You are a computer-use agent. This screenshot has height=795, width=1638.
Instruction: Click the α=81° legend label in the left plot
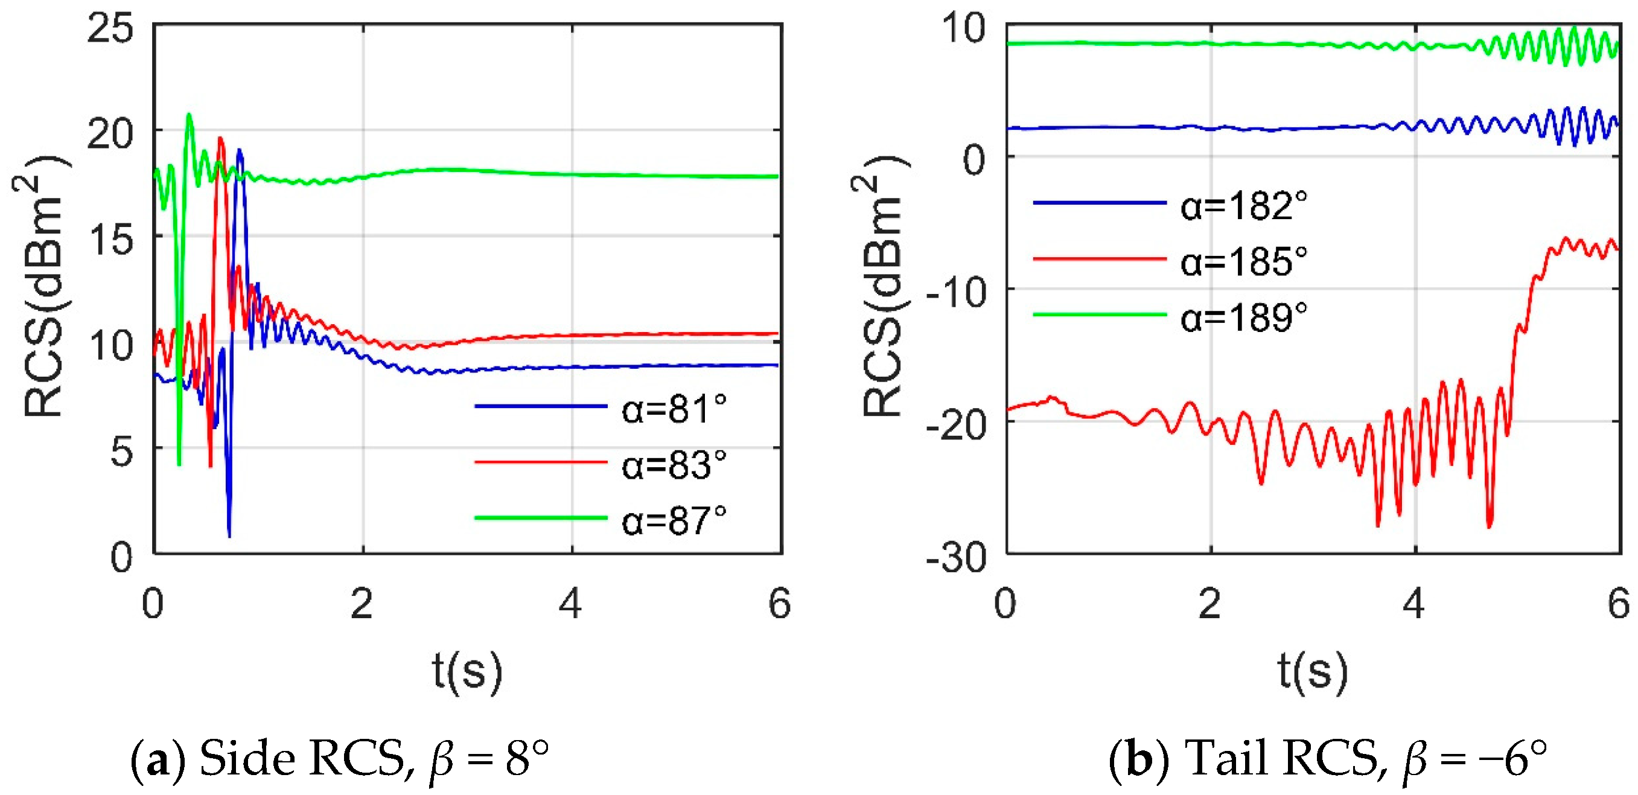point(674,409)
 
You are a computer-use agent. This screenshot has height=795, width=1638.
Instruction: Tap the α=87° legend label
point(674,520)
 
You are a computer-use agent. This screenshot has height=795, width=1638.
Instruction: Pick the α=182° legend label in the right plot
point(1244,205)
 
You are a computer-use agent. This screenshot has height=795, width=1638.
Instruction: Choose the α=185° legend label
point(1244,261)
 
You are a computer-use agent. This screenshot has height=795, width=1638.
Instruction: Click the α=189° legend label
point(1244,317)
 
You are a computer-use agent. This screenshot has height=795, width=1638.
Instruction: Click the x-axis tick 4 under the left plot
point(570,603)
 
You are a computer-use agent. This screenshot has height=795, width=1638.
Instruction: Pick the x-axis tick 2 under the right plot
point(1209,603)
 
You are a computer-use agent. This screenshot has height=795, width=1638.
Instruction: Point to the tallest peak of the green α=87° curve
point(189,115)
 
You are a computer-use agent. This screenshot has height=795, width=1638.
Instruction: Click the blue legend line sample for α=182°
point(1100,203)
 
